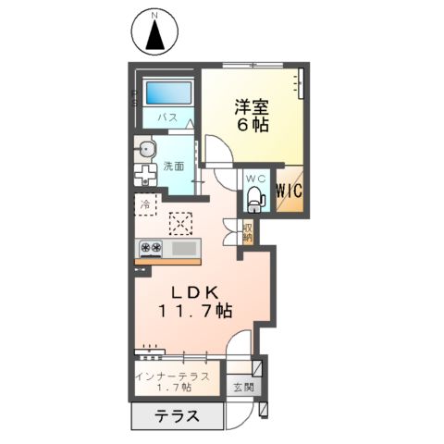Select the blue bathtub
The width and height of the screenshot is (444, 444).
coord(166,94)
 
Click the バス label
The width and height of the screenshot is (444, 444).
coord(167,118)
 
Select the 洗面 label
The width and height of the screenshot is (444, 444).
coord(174,167)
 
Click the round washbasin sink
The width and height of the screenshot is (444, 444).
coord(146,151)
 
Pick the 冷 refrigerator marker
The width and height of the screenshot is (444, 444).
coord(145,203)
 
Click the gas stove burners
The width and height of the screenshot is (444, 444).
coord(151,248)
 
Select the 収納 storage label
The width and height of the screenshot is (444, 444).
coord(248,230)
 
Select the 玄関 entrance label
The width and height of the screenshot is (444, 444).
coord(243,387)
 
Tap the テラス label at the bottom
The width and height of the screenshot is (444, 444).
coord(176,416)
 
